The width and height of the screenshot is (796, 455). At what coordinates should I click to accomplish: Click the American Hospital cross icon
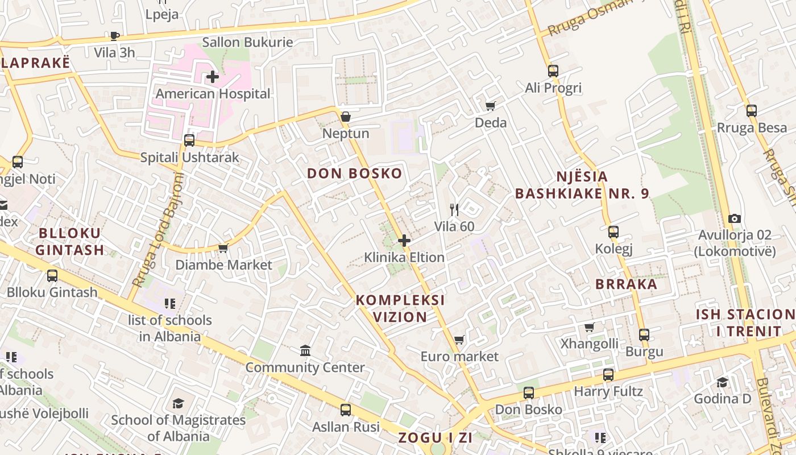(213, 76)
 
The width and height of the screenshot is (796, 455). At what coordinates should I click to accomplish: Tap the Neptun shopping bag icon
(345, 117)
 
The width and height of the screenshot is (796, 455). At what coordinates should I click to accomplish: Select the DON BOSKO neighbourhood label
(355, 173)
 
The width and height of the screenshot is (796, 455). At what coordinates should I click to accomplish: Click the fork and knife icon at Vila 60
(454, 210)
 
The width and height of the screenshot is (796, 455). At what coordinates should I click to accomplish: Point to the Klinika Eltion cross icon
(404, 241)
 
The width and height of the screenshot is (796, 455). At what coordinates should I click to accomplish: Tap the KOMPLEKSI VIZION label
(400, 308)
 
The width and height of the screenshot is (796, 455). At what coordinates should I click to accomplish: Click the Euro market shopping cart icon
(459, 340)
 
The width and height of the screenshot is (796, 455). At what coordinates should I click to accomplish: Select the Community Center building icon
(305, 350)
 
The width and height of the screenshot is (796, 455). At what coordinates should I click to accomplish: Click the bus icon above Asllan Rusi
(345, 409)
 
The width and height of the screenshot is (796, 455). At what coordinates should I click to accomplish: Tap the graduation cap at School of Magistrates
(179, 404)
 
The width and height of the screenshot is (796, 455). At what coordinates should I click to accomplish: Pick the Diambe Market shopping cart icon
(223, 248)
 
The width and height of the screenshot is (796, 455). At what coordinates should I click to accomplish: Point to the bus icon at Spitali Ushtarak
(189, 140)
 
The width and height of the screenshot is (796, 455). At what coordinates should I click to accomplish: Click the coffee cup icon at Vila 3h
(115, 36)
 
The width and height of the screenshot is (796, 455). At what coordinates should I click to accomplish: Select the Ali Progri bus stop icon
(553, 71)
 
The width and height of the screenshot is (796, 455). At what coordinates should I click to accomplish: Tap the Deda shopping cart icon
(490, 106)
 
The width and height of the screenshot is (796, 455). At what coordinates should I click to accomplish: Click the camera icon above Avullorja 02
(735, 219)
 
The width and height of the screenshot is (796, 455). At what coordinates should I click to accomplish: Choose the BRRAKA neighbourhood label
(626, 284)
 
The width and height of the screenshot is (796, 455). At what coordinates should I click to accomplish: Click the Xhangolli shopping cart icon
(590, 328)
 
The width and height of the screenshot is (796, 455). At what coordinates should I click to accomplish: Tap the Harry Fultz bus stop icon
(608, 375)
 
